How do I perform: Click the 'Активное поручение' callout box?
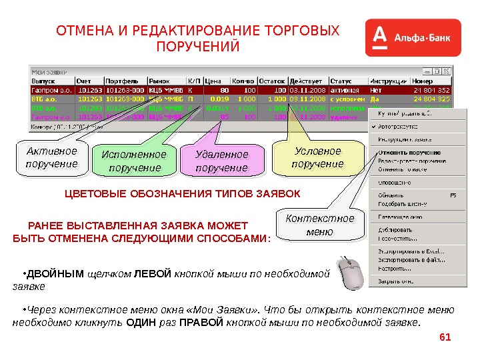tap(52, 157)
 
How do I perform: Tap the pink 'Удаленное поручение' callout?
tap(221, 161)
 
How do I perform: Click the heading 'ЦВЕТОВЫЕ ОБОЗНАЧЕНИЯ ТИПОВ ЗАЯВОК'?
tap(183, 194)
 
